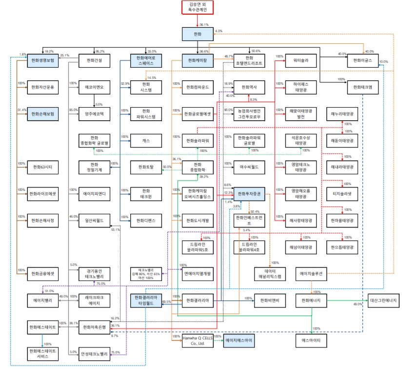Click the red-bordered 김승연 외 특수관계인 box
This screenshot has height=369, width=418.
[x=198, y=7]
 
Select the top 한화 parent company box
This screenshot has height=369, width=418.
[x=198, y=34]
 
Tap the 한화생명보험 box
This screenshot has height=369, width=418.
[x=42, y=60]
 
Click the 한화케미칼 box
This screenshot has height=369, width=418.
[x=198, y=60]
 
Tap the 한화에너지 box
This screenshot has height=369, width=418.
[x=311, y=301]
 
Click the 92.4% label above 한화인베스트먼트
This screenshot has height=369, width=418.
[x=255, y=212]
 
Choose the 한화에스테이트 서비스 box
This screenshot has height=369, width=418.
[x=42, y=353]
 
